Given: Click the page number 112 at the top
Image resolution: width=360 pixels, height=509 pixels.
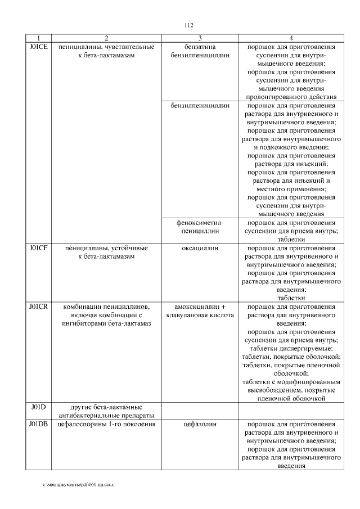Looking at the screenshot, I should [x=188, y=25].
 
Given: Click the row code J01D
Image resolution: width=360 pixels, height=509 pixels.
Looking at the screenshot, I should [x=38, y=407].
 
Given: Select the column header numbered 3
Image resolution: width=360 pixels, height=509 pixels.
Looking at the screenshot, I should [x=200, y=38].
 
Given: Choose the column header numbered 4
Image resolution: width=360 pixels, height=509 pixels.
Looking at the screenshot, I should [x=291, y=38].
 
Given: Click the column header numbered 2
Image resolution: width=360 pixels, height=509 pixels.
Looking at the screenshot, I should [x=106, y=38].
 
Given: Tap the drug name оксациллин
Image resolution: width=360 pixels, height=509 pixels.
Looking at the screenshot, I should [x=200, y=247].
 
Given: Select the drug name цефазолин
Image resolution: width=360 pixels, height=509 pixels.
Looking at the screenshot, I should [x=200, y=424].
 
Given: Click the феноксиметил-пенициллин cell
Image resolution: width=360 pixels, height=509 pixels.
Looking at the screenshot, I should [x=200, y=227].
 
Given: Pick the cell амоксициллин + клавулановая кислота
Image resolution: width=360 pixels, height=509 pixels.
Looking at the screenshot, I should [x=200, y=311].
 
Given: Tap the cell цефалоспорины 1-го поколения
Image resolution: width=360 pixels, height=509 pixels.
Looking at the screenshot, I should [x=106, y=424].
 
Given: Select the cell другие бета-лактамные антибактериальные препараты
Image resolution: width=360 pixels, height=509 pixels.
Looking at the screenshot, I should [x=106, y=411].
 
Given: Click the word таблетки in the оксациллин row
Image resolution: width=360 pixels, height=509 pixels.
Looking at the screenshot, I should [x=291, y=298].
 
